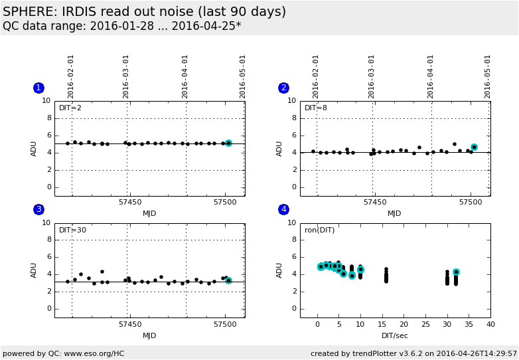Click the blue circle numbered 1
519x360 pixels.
(38, 88)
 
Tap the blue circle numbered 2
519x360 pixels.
(283, 88)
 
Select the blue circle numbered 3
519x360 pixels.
(38, 209)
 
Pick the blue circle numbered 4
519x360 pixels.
(283, 209)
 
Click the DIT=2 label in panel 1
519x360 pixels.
(70, 108)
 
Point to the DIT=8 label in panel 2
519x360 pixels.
(316, 108)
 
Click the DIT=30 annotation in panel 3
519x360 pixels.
(72, 230)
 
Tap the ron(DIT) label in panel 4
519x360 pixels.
(320, 230)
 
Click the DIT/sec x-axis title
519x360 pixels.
(394, 335)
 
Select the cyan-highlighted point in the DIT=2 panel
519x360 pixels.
(228, 143)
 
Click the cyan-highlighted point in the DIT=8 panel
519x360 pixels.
(474, 147)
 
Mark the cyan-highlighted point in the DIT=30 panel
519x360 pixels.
(228, 280)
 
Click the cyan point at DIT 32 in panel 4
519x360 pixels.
(456, 272)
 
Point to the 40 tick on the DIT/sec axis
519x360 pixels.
(490, 324)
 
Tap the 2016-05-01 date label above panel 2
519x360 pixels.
(488, 76)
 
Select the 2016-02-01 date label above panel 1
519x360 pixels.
(71, 76)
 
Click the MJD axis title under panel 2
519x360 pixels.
(394, 214)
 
